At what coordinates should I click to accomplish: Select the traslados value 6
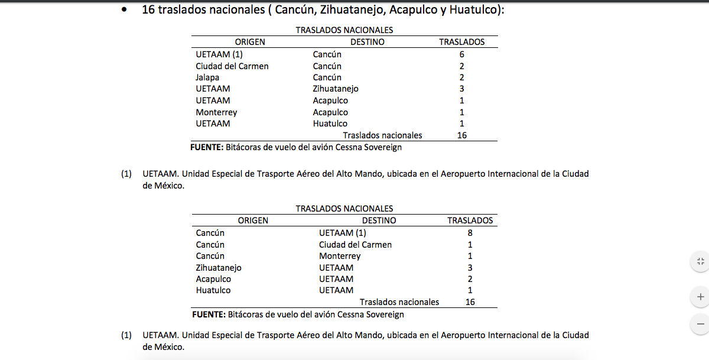click(461, 54)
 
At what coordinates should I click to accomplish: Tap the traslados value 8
click(470, 233)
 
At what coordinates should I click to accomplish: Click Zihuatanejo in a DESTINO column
click(336, 89)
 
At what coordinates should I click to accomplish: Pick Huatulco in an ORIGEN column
click(213, 290)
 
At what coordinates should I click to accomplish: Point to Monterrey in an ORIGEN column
click(216, 112)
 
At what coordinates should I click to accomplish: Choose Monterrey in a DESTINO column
click(340, 256)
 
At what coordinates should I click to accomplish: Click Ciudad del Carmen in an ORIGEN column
click(232, 66)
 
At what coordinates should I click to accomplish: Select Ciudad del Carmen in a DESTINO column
click(355, 245)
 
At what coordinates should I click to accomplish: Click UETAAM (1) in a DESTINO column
click(343, 233)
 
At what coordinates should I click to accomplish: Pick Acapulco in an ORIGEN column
click(213, 279)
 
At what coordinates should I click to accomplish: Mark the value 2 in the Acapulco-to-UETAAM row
click(470, 279)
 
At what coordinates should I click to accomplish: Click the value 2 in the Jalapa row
click(461, 77)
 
